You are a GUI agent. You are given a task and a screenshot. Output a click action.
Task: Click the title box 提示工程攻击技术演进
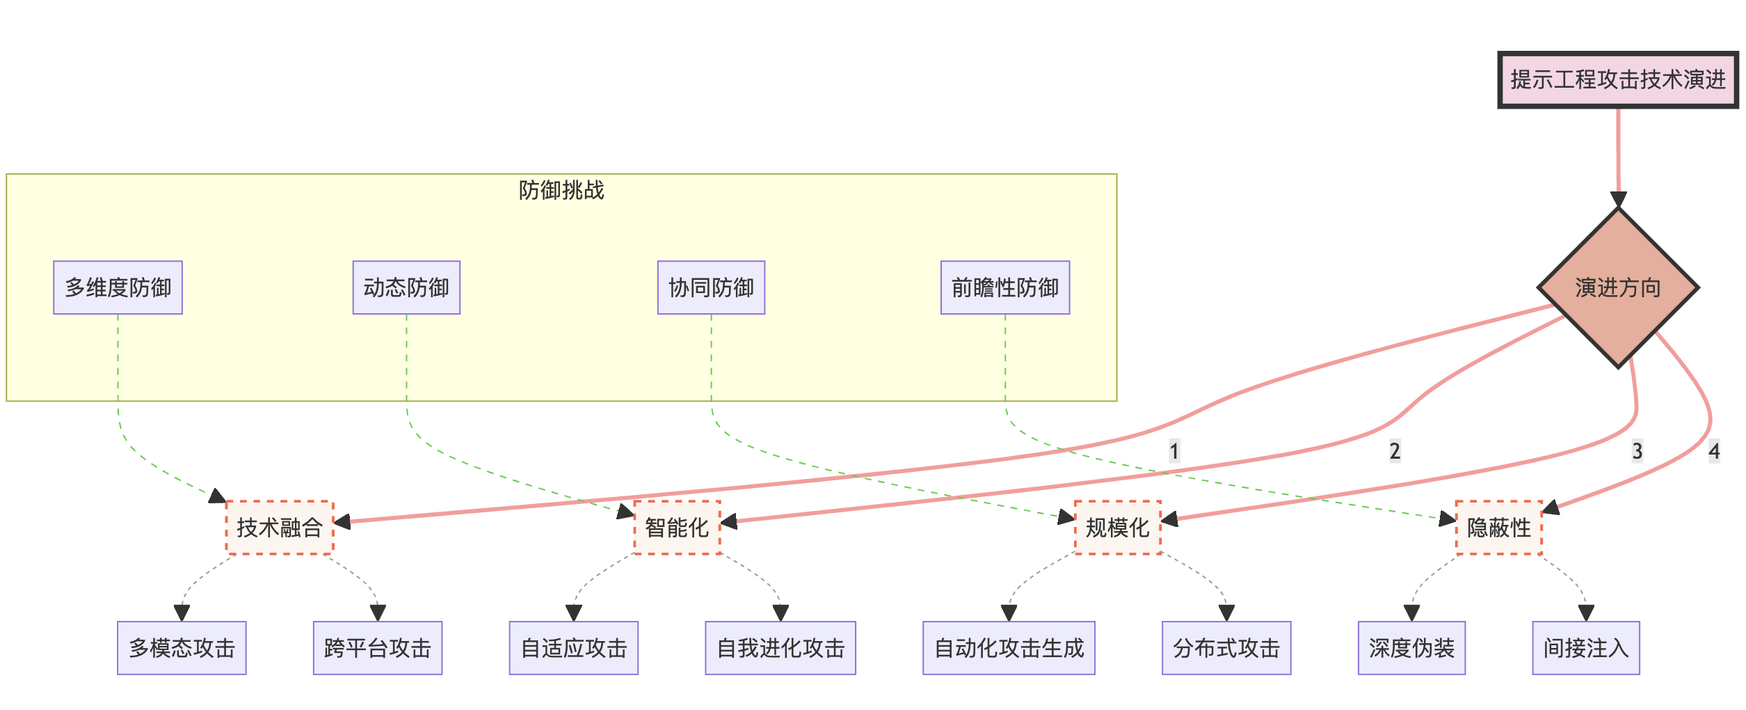pos(1617,80)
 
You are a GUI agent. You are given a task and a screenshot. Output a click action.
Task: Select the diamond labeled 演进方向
pos(1618,287)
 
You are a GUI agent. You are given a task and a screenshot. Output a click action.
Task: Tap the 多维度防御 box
pos(118,287)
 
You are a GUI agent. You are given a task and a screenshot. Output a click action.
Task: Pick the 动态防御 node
pos(406,287)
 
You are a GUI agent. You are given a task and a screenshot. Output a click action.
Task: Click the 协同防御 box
pos(711,287)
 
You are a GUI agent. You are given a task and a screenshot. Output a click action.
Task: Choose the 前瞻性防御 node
pos(1004,287)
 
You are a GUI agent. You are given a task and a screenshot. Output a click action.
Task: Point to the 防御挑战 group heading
pos(561,190)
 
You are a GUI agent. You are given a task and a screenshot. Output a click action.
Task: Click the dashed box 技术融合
pos(280,528)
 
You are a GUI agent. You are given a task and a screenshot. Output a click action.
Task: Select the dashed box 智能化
pos(677,528)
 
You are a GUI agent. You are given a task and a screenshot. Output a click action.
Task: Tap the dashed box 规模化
pos(1117,528)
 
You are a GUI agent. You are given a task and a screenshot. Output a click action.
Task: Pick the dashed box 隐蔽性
pos(1498,528)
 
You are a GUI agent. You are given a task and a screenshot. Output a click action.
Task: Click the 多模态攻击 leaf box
pos(182,648)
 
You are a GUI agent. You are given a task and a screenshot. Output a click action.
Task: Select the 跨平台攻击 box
pos(377,648)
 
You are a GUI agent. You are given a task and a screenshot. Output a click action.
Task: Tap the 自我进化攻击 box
pos(780,648)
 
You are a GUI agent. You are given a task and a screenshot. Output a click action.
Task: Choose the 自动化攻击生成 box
pos(1009,648)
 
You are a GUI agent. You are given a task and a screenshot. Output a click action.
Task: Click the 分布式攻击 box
pos(1226,648)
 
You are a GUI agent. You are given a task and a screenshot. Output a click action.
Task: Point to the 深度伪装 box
pos(1411,648)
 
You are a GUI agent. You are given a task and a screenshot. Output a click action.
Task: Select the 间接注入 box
pos(1585,648)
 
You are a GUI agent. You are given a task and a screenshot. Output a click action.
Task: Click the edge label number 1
pos(1174,451)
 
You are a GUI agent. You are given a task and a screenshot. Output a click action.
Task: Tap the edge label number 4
pos(1714,451)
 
